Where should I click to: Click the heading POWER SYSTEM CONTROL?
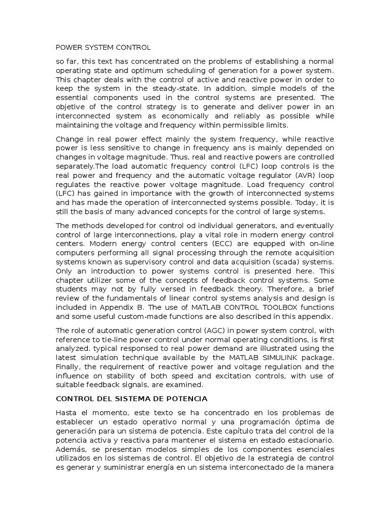pos(103,48)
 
